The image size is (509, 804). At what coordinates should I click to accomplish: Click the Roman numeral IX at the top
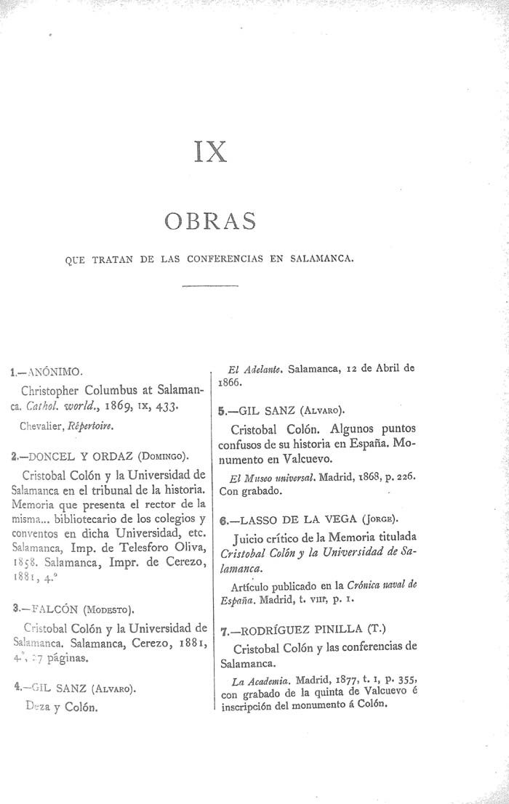pyautogui.click(x=211, y=151)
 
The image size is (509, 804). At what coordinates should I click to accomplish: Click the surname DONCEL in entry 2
pyautogui.click(x=45, y=457)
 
